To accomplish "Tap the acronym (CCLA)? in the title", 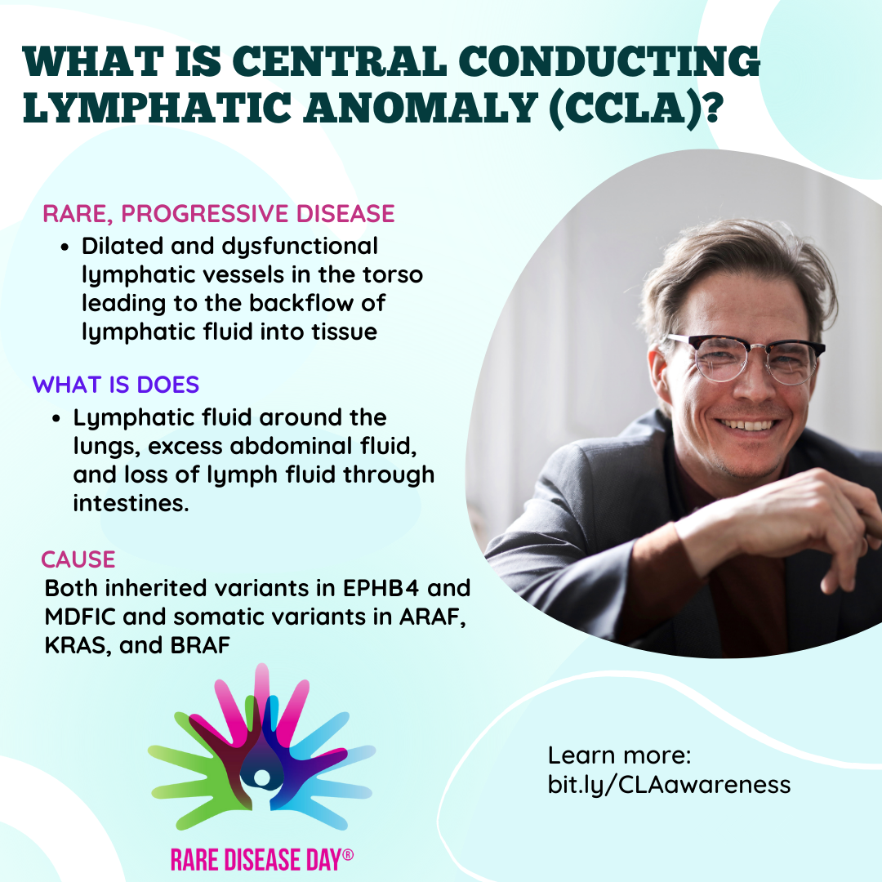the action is (635, 107).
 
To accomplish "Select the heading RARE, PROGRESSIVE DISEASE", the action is (219, 214).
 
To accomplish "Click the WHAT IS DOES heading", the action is (116, 385).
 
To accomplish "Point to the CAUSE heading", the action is (78, 559).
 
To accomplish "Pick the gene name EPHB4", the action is (381, 588).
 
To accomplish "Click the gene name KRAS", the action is (77, 645).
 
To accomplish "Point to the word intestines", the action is (131, 503).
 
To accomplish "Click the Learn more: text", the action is (619, 755).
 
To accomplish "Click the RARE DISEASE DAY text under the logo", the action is (262, 859).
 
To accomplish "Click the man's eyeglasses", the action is (746, 358).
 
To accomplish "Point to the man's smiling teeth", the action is (747, 424).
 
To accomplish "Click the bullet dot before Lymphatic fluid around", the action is (56, 418).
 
